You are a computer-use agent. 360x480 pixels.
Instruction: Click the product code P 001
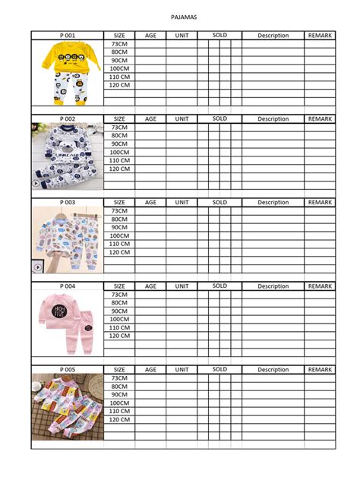[x=68, y=36]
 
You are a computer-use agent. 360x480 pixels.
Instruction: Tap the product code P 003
[x=68, y=203]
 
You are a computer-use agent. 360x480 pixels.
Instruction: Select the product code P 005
[x=68, y=370]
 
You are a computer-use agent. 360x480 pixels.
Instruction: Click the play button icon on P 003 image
[x=37, y=267]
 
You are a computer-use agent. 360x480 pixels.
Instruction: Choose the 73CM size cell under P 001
[x=119, y=44]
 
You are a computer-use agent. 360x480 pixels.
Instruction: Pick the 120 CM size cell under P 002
[x=119, y=169]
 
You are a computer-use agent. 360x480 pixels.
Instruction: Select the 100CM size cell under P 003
[x=119, y=235]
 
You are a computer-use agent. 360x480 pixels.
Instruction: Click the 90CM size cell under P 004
[x=119, y=311]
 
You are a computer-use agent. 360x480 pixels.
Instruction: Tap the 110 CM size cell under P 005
[x=119, y=411]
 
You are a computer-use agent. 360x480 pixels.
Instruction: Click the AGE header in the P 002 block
[x=150, y=119]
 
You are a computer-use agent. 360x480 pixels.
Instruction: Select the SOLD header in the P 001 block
[x=219, y=35]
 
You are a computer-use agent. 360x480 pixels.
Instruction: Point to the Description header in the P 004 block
[x=273, y=286]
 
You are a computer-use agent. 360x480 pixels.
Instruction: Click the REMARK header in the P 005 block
[x=320, y=370]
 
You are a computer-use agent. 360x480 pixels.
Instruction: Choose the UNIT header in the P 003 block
[x=182, y=203]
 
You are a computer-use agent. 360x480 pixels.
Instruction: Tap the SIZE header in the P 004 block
[x=119, y=286]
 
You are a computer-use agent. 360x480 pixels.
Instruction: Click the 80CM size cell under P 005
[x=119, y=386]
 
